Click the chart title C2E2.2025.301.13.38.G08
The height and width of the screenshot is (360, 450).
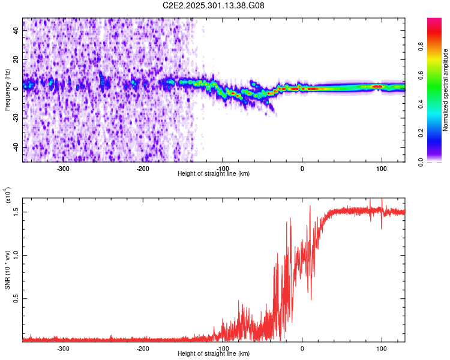pos(214,6)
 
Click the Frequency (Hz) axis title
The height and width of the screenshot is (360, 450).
pos(8,90)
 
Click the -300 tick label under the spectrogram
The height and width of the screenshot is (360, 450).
pos(64,169)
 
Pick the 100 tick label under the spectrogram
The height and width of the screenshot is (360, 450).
pos(381,169)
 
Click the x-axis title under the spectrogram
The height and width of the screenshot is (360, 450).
pos(214,174)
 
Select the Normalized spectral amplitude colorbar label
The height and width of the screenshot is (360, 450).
pos(446,90)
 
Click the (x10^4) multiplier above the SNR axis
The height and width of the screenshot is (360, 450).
pos(8,196)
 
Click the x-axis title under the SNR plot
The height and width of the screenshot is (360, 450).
pos(214,354)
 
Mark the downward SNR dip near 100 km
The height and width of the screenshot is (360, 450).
pos(382,227)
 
